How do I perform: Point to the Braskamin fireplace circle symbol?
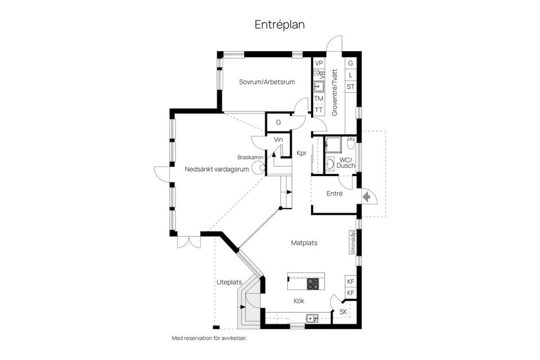pyautogui.click(x=259, y=166)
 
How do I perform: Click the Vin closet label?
pyautogui.click(x=278, y=139)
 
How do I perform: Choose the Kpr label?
pyautogui.click(x=301, y=153)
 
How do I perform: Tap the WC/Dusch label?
pyautogui.click(x=344, y=163)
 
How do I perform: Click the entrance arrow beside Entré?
pyautogui.click(x=366, y=196)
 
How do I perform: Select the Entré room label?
pyautogui.click(x=335, y=194)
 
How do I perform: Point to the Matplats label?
pyautogui.click(x=304, y=244)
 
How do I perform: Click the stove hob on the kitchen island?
pyautogui.click(x=313, y=283)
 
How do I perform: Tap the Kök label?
pyautogui.click(x=299, y=301)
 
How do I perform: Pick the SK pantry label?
pyautogui.click(x=343, y=312)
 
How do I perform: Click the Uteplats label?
pyautogui.click(x=229, y=282)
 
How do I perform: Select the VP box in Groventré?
pyautogui.click(x=319, y=64)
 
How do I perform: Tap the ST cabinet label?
pyautogui.click(x=350, y=87)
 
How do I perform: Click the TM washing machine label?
pyautogui.click(x=319, y=99)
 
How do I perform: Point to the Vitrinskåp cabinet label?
pyautogui.click(x=353, y=243)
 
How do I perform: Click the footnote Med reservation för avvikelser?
pyautogui.click(x=209, y=339)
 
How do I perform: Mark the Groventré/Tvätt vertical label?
pyautogui.click(x=334, y=92)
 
